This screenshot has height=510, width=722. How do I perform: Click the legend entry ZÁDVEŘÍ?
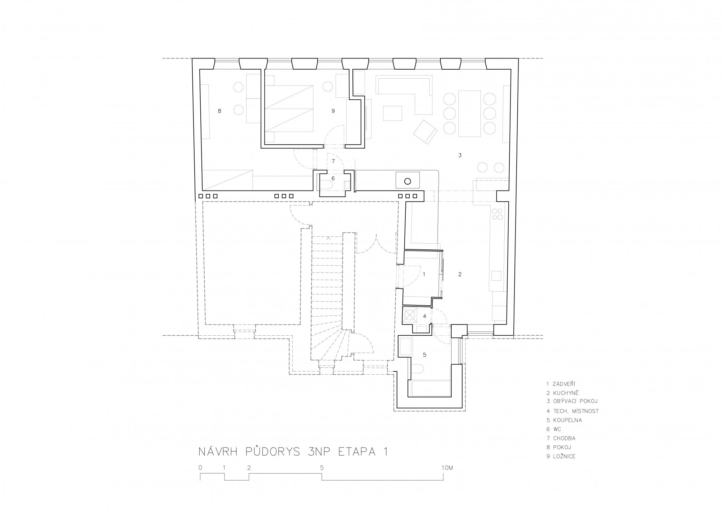(565, 384)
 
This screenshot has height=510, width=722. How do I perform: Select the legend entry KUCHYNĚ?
(566, 393)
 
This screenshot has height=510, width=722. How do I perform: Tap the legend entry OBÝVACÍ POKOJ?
(576, 401)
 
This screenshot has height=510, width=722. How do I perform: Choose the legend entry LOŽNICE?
(564, 456)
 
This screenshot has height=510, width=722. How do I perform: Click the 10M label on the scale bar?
(447, 467)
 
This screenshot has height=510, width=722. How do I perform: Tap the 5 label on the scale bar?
(322, 467)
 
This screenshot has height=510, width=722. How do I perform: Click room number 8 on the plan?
(219, 111)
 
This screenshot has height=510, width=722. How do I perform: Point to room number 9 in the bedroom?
(333, 111)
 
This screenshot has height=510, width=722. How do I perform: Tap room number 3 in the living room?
(460, 155)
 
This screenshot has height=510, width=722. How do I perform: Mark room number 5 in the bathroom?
(425, 355)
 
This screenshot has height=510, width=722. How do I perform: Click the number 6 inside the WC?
(333, 178)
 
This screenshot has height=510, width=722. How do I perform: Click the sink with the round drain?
(408, 180)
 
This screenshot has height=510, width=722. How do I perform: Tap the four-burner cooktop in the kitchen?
(497, 214)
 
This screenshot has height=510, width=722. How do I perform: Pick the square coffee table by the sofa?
(392, 113)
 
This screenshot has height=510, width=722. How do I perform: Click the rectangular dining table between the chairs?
(470, 113)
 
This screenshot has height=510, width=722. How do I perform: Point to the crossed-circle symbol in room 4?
(410, 315)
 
